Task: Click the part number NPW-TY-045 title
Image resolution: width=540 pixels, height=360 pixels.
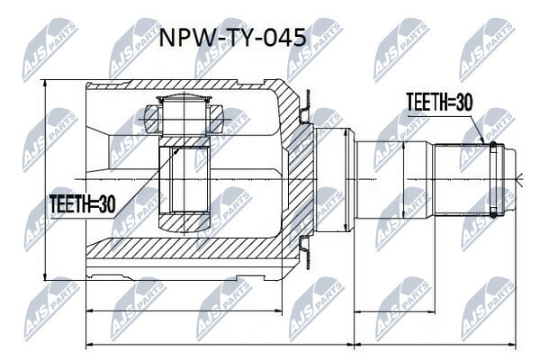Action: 232,38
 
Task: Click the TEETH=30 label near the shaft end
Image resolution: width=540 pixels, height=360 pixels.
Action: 439,103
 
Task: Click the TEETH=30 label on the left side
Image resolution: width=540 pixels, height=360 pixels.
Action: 82,204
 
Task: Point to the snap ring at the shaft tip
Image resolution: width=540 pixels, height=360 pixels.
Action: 493,179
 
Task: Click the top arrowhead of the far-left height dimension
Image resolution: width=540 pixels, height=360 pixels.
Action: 45,84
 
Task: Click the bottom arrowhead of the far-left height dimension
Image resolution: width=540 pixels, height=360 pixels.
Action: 45,276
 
